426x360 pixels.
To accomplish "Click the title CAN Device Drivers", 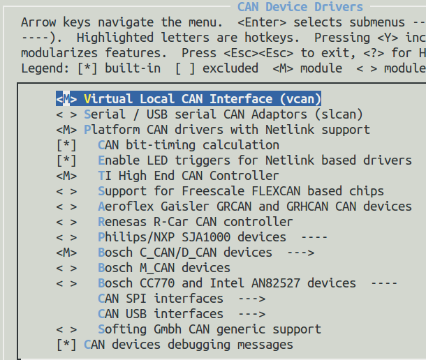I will (x=300, y=7).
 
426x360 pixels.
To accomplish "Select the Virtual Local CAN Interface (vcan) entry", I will (x=202, y=99).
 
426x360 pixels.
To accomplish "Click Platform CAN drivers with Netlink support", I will (x=226, y=130).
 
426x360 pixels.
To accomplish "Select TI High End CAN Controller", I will (x=188, y=176).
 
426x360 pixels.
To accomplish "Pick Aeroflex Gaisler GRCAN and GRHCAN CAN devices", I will (x=255, y=207).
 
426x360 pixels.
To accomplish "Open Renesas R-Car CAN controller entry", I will (x=196, y=222).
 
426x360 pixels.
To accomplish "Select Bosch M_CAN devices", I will (x=164, y=268).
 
